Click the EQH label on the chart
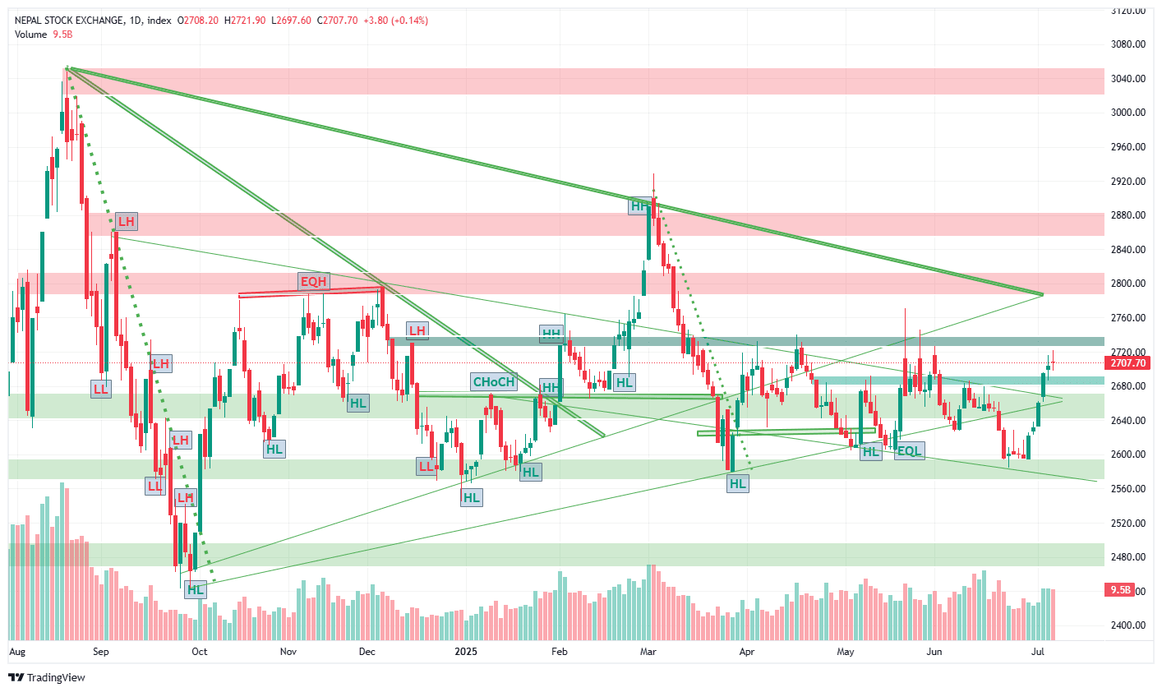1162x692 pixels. (313, 282)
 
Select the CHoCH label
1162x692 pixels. (494, 381)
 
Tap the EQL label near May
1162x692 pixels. (909, 450)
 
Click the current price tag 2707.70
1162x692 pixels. (1127, 362)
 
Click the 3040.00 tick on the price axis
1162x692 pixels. (1127, 79)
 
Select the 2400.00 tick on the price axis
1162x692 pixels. (1127, 625)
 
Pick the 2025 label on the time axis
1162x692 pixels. (466, 652)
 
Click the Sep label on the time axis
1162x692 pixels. (101, 652)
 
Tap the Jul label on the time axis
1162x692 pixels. (1038, 652)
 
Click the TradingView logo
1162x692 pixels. (47, 677)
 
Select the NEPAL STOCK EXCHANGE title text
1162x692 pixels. (69, 20)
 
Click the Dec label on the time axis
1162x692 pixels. (367, 652)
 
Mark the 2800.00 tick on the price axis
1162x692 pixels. (1127, 284)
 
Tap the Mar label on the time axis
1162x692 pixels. (648, 652)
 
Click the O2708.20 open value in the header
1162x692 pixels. (198, 20)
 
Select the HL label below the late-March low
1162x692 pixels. (738, 483)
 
